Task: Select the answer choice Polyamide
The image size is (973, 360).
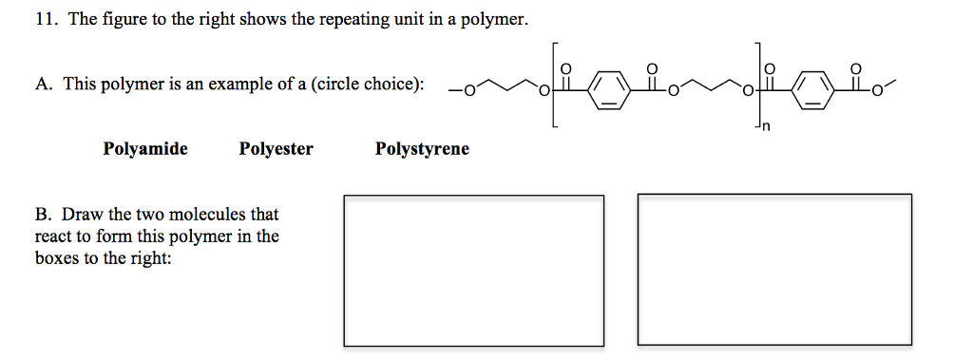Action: point(145,149)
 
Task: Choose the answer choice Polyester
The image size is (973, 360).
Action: point(276,149)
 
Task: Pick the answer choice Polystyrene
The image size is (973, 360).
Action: point(422,149)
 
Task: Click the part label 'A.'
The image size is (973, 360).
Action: point(43,85)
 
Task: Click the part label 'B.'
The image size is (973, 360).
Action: point(43,215)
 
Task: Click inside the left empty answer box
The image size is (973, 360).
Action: point(473,270)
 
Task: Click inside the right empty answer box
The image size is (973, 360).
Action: point(773,270)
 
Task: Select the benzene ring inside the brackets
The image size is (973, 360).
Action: point(609,92)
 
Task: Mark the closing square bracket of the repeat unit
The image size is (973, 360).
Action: point(757,85)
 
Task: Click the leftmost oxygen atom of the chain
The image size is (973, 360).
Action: point(465,91)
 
